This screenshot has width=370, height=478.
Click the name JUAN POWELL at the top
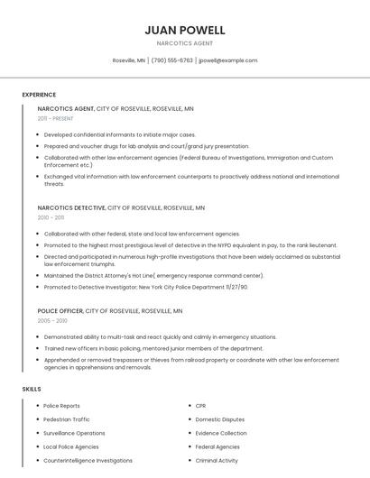pyautogui.click(x=184, y=31)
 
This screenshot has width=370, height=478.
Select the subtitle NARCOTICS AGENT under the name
pyautogui.click(x=184, y=43)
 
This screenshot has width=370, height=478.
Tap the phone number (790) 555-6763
pyautogui.click(x=171, y=60)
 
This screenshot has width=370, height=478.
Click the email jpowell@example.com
pyautogui.click(x=228, y=60)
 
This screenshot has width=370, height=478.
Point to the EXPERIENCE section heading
pyautogui.click(x=39, y=95)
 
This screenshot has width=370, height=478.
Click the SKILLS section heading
pyautogui.click(x=32, y=389)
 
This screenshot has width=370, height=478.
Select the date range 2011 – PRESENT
pyautogui.click(x=55, y=118)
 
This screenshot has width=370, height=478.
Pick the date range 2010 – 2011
pyautogui.click(x=51, y=217)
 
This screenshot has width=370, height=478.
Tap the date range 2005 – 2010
pyautogui.click(x=52, y=320)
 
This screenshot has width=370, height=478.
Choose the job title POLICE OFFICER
pyautogui.click(x=60, y=310)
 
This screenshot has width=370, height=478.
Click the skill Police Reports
pyautogui.click(x=61, y=406)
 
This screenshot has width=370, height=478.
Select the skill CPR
pyautogui.click(x=200, y=406)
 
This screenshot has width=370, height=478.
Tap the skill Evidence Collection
pyautogui.click(x=220, y=433)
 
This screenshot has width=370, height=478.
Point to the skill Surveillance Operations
pyautogui.click(x=74, y=433)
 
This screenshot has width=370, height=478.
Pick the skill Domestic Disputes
pyautogui.click(x=219, y=419)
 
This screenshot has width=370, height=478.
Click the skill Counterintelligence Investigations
pyautogui.click(x=88, y=460)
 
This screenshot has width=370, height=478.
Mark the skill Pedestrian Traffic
pyautogui.click(x=66, y=419)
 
